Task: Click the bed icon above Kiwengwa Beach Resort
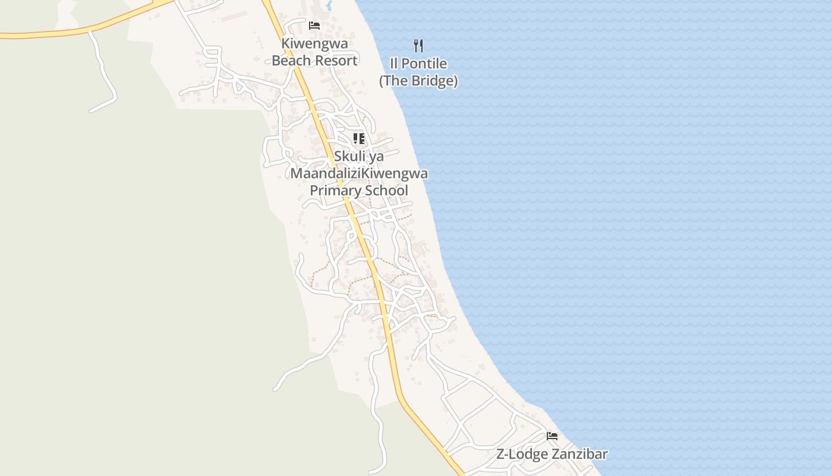pos(314,26)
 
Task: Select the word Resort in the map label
pos(337,61)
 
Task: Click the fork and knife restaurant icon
pos(418,45)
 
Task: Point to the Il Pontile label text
pos(418,64)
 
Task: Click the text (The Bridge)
pos(418,81)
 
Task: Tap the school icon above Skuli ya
pos(358,139)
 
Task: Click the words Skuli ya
pos(358,156)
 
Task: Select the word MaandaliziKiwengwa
pos(358,174)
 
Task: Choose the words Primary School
pos(358,191)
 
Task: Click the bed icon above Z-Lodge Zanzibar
pos(552,436)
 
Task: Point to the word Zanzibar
pos(579,455)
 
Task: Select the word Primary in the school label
pos(333,191)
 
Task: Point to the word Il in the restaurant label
pos(394,64)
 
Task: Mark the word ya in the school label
pos(376,157)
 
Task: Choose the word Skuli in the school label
pos(349,156)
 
